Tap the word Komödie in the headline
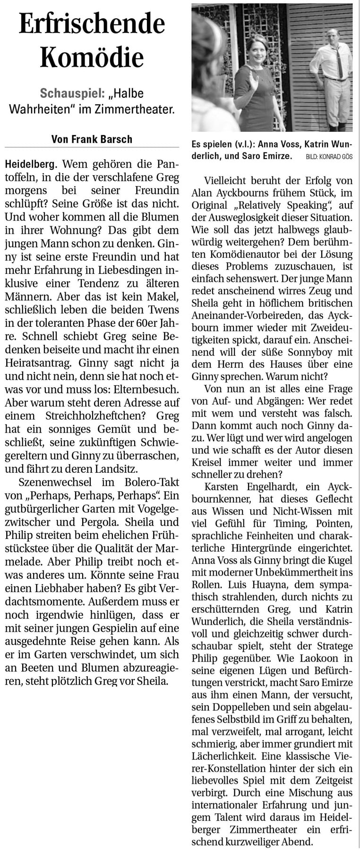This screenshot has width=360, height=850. [x=92, y=58]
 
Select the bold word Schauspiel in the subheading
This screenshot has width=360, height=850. [x=69, y=93]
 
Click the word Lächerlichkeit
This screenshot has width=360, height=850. [x=225, y=755]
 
